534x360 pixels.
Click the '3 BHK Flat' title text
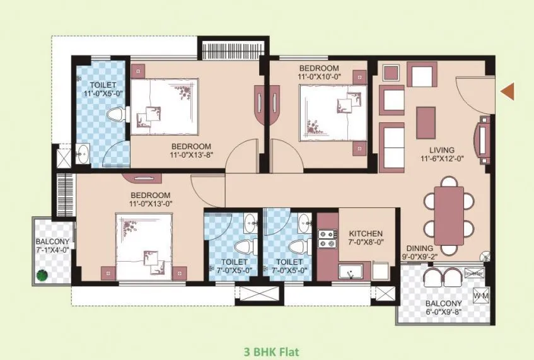(271, 352)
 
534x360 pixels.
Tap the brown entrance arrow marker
(508, 92)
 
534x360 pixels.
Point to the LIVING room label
(443, 150)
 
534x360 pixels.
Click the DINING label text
(419, 248)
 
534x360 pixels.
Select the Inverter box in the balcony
(473, 274)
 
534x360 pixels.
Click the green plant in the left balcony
(42, 274)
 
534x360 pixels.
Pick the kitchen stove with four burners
(327, 238)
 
